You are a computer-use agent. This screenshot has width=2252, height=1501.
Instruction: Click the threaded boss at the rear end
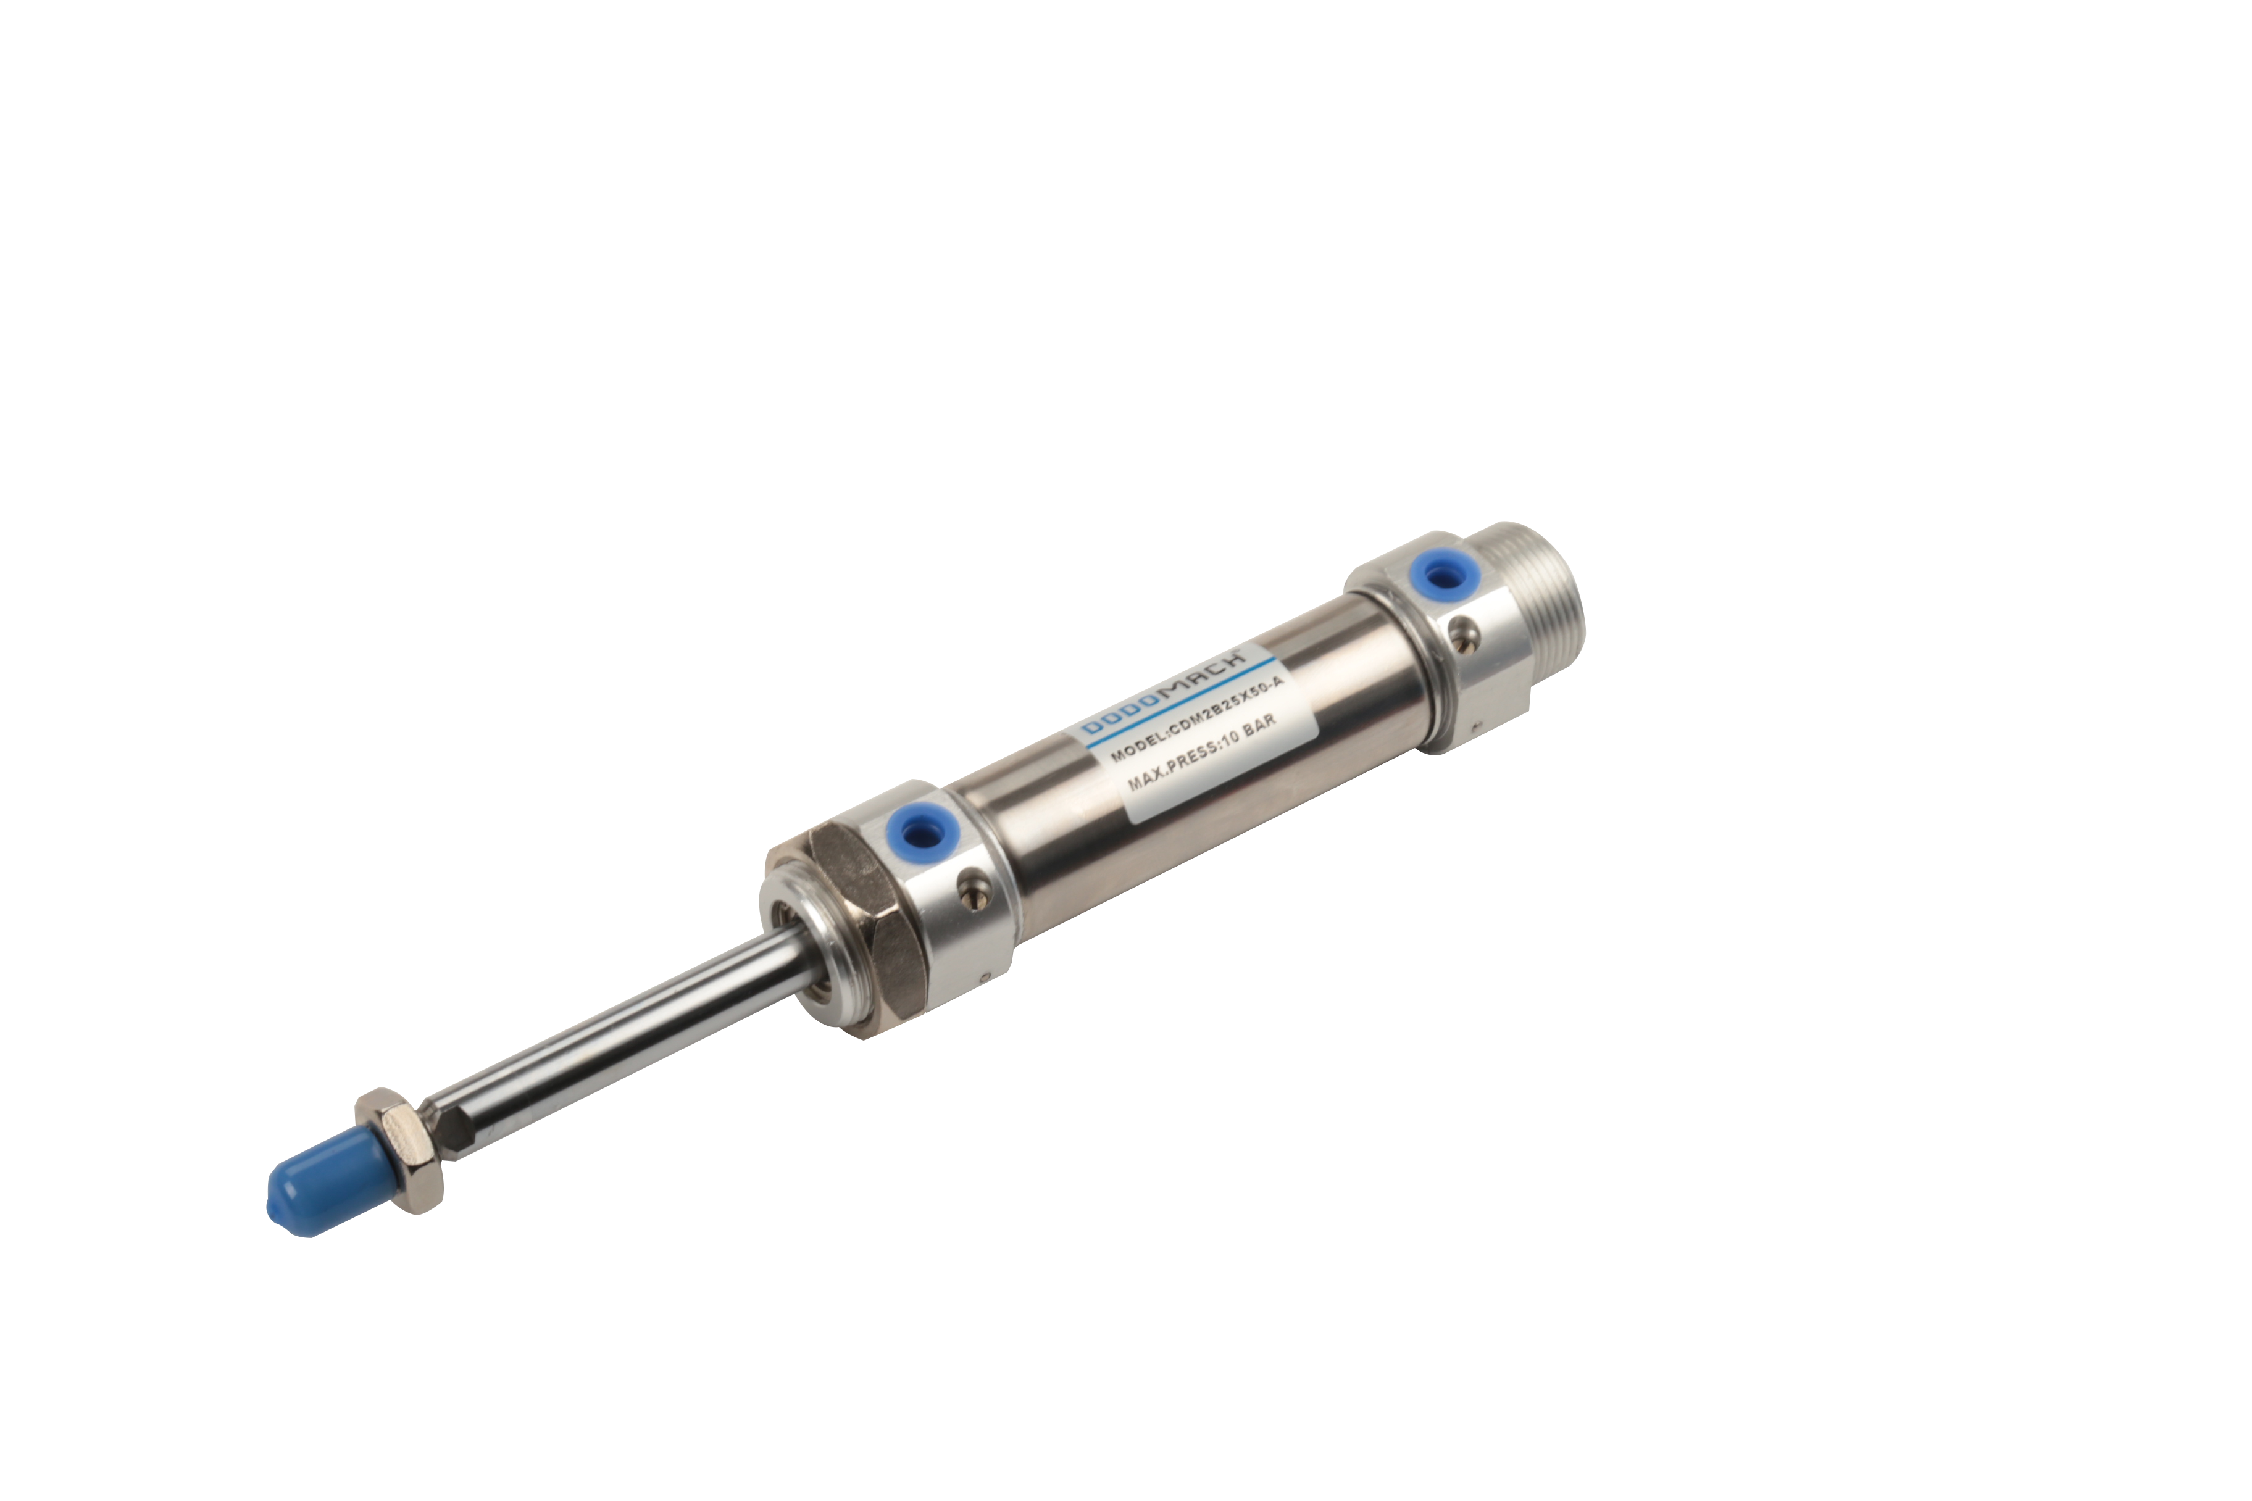pyautogui.click(x=1532, y=613)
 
